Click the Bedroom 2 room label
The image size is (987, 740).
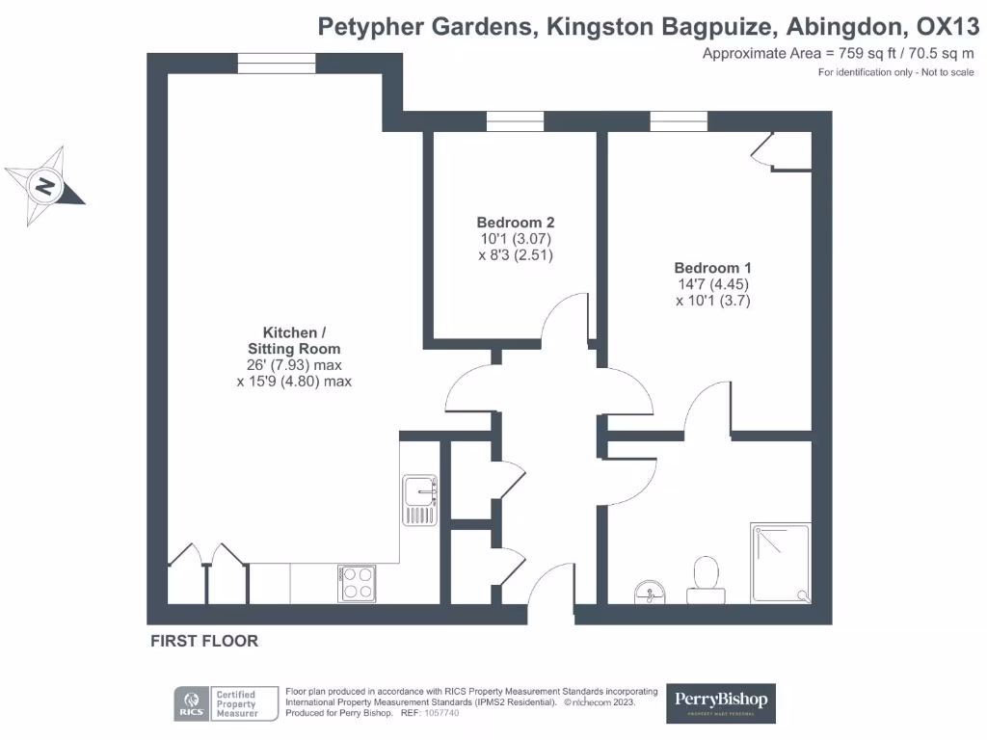516,222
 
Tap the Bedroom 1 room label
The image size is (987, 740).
712,267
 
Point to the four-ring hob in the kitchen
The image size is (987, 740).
358,583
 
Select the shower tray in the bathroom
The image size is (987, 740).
781,564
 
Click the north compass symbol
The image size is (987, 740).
44,186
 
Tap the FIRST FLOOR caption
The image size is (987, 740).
204,641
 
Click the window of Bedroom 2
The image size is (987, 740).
515,121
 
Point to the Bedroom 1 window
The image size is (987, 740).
679,121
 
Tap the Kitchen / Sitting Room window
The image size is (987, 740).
277,64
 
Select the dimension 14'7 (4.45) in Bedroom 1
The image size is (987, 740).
712,284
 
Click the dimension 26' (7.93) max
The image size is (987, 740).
294,365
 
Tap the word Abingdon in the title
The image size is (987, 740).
851,26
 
